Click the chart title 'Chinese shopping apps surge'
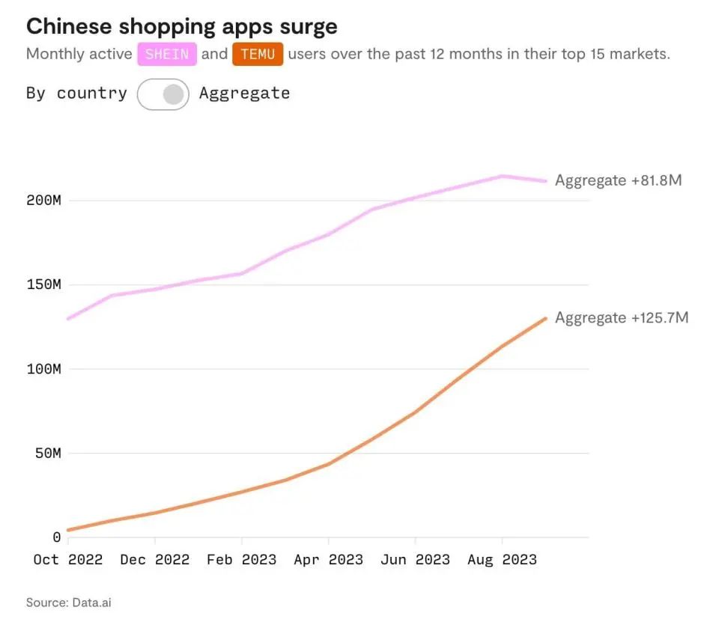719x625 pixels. [181, 27]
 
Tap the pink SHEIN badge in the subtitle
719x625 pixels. [167, 55]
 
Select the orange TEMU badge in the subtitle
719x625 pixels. [258, 55]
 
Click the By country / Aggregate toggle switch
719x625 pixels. [163, 94]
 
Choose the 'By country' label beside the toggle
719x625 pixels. [76, 94]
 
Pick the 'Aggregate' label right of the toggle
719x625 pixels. [244, 94]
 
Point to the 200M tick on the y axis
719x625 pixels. [43, 201]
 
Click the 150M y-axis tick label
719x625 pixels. [43, 285]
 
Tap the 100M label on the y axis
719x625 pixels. [43, 369]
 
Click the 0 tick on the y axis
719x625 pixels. [56, 537]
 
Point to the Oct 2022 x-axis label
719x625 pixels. [68, 560]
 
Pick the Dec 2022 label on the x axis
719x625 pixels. [155, 560]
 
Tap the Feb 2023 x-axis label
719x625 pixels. [242, 560]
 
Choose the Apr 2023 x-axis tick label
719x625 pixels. [329, 560]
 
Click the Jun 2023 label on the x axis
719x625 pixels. [415, 560]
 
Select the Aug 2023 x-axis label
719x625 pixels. [502, 560]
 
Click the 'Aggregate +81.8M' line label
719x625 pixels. [618, 180]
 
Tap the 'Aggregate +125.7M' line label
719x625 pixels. [621, 318]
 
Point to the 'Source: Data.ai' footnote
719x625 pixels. [69, 602]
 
